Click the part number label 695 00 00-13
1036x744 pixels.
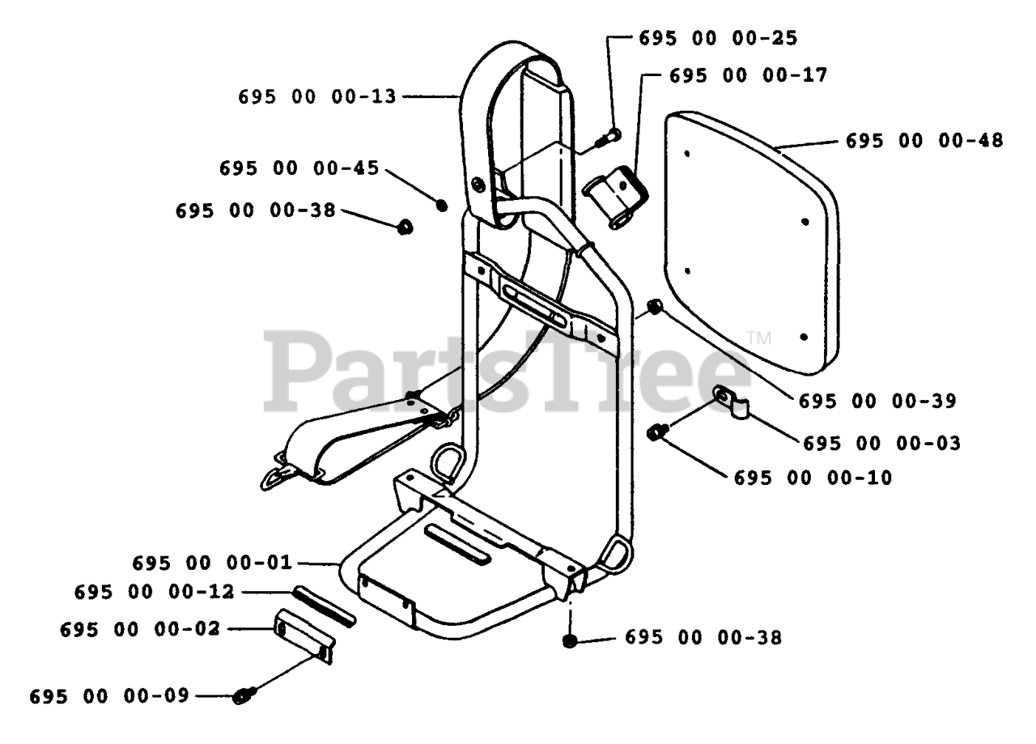click(317, 96)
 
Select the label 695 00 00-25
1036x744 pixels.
click(718, 37)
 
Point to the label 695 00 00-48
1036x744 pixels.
click(924, 140)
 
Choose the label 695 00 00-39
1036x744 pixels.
click(877, 401)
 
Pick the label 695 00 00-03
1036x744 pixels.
click(881, 444)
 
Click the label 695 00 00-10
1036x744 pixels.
click(813, 478)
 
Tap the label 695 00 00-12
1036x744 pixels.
click(153, 592)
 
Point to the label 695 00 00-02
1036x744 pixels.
click(139, 629)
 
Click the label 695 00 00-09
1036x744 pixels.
click(109, 695)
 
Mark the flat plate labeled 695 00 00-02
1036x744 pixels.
click(303, 635)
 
